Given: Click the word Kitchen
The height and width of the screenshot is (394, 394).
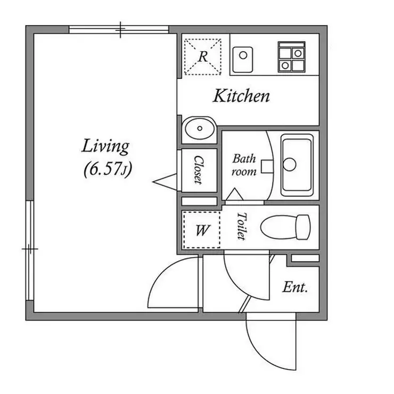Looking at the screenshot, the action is point(241,96).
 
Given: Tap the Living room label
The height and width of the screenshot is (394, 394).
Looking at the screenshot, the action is point(105,147).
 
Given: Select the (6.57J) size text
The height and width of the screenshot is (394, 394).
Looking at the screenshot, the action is point(108,170).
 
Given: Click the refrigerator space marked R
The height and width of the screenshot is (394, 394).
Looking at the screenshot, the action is point(203,57).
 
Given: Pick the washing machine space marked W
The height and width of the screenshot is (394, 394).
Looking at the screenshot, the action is point(202,230).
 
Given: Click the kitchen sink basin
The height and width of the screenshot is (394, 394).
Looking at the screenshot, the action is point(242,60).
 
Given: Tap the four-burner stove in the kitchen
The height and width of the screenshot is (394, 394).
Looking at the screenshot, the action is point(291,57).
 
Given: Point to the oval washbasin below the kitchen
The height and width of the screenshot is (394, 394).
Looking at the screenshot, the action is point(200,128).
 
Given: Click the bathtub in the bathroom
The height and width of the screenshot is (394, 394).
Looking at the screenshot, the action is point(297,165).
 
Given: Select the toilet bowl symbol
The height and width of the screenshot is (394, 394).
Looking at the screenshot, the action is point(285,227).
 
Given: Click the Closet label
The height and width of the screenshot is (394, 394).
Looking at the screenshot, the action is point(199,170).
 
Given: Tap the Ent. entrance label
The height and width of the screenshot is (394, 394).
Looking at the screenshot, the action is point(295,287).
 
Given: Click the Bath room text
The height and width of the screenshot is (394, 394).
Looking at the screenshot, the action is point(244,165).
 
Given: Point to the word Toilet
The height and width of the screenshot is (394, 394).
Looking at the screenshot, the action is point(242,226).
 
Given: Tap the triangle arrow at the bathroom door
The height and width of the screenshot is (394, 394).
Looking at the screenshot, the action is point(234,194).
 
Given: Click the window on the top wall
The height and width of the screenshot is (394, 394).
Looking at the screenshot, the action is point(119,30).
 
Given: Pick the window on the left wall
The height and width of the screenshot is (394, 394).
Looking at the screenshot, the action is point(30,250).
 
